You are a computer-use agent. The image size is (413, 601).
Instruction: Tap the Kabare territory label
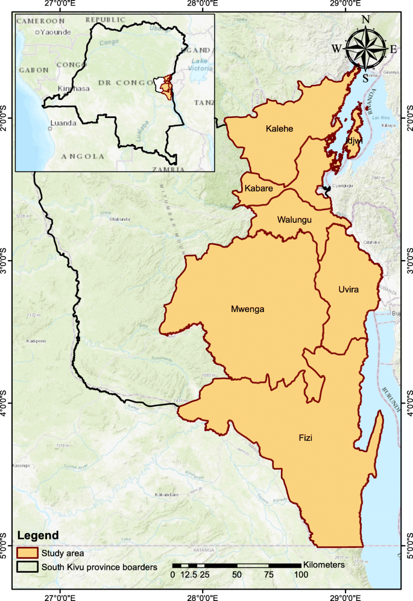[259, 188]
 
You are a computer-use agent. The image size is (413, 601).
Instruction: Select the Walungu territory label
[294, 220]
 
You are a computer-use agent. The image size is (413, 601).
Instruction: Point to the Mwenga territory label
[247, 310]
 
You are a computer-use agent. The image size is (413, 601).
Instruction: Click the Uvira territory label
[348, 290]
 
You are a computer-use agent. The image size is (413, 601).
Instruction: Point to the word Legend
[38, 535]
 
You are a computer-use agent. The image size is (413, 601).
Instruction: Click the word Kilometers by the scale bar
[324, 565]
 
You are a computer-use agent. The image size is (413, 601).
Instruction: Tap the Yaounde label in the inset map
[55, 32]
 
